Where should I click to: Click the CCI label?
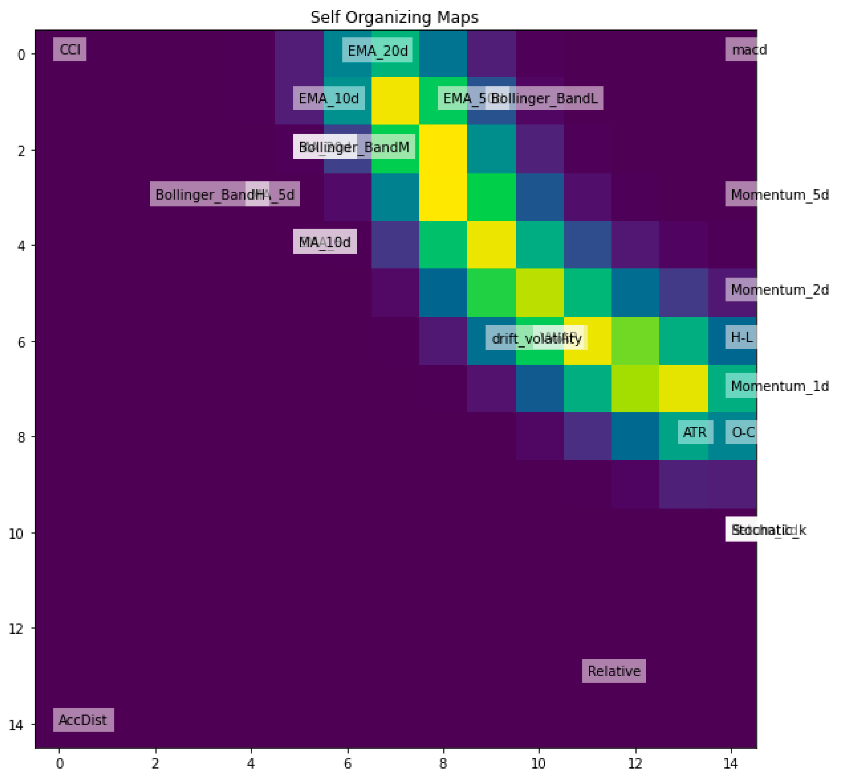coord(70,49)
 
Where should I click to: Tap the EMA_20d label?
coord(377,51)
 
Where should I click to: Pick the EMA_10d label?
coord(328,98)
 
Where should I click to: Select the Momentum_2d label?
coord(779,290)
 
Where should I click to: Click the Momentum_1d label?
coord(779,386)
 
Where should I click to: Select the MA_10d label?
coord(325,242)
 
